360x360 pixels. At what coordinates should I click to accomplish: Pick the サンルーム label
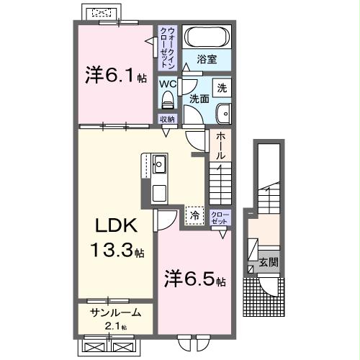click(115, 313)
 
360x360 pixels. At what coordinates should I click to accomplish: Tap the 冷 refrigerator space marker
click(194, 214)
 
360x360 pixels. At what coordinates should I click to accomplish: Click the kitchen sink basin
click(158, 163)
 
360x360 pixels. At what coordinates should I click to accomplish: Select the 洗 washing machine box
click(222, 88)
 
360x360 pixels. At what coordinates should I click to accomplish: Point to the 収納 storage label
click(167, 120)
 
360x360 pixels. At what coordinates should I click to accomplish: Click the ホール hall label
click(220, 146)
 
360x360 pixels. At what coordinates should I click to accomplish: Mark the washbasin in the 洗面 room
click(222, 112)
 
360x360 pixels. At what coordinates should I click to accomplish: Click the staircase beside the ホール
click(219, 184)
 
